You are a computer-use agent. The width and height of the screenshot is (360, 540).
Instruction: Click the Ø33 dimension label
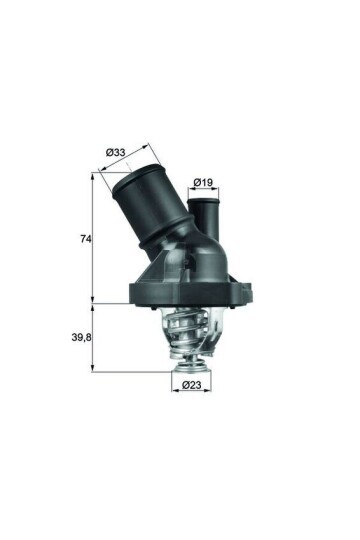(115, 153)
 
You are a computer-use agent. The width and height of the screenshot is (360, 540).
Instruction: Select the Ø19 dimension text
(204, 182)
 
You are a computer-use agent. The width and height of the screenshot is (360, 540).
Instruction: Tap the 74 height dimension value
(85, 240)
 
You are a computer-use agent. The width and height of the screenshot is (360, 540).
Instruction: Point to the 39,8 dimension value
(81, 338)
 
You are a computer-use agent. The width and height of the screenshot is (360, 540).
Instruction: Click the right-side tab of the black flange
(247, 290)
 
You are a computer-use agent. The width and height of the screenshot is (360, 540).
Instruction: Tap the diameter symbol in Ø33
(109, 153)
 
